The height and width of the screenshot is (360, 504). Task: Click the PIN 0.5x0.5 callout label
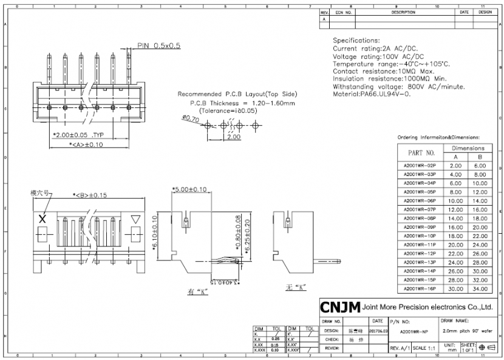[x=158, y=46]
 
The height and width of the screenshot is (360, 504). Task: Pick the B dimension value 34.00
[x=480, y=288]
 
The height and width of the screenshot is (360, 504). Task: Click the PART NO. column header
[x=421, y=152]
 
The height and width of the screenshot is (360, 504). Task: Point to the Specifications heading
[x=356, y=40]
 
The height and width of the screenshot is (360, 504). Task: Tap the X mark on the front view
[x=43, y=219]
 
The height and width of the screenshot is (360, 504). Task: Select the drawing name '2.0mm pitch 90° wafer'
[x=466, y=331]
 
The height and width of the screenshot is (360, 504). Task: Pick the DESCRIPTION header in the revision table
[x=403, y=12]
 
